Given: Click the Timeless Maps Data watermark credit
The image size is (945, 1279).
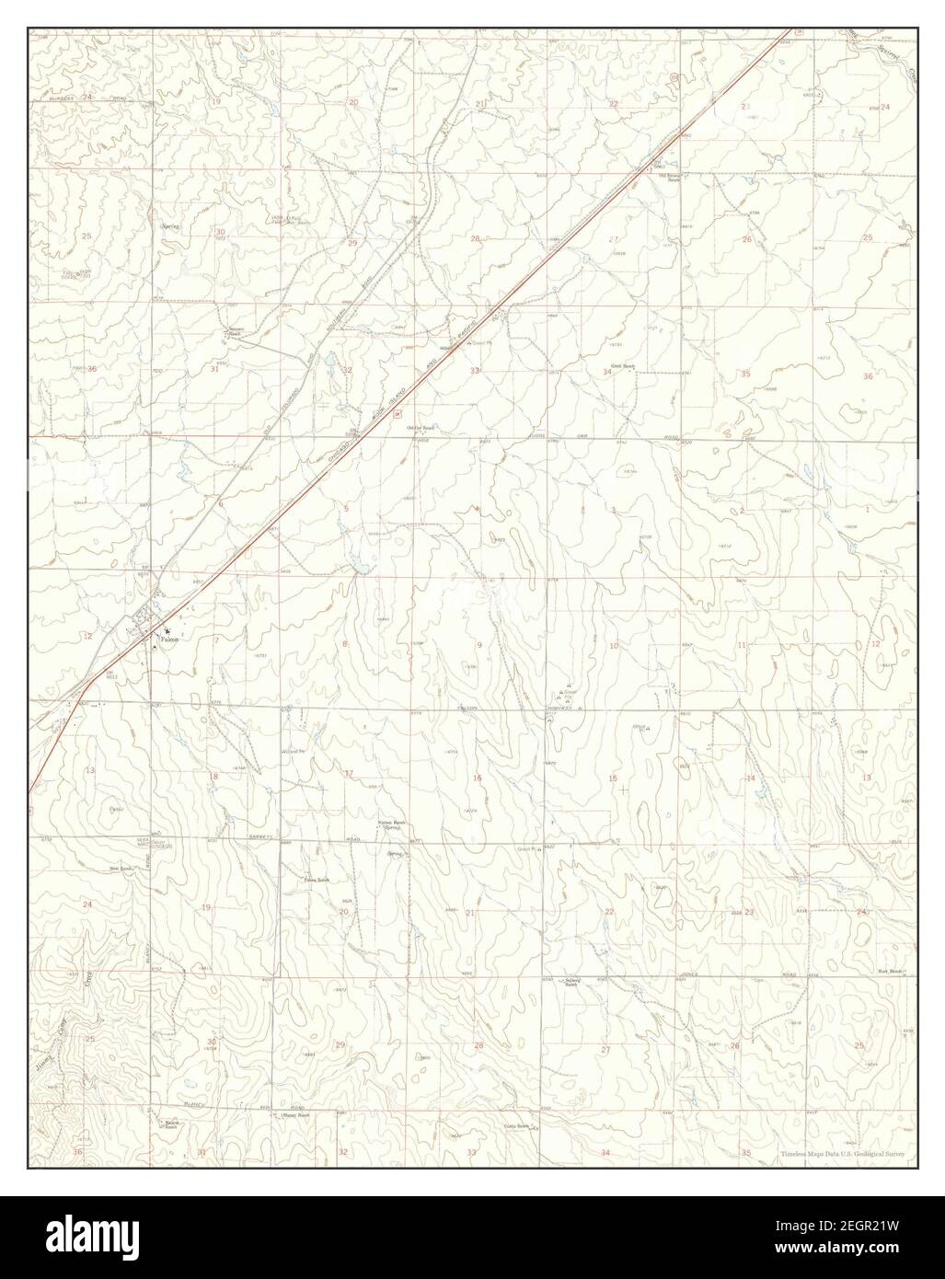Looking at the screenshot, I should pyautogui.click(x=842, y=1153).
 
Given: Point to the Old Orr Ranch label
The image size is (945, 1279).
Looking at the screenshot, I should pyautogui.click(x=421, y=428).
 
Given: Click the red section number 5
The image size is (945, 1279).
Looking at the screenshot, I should pyautogui.click(x=347, y=509).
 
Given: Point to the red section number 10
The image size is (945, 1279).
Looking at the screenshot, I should pyautogui.click(x=613, y=646).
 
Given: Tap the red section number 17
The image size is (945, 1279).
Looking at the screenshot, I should pyautogui.click(x=349, y=772).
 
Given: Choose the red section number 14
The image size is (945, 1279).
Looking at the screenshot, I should pyautogui.click(x=750, y=778).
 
